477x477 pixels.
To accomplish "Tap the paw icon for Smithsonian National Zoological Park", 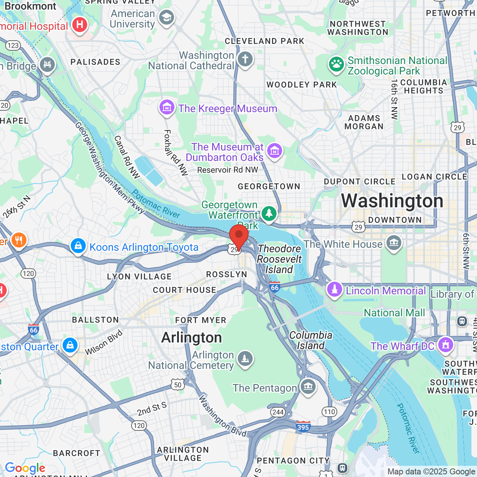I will click(x=336, y=64).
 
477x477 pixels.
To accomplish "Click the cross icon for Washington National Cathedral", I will click(x=245, y=59).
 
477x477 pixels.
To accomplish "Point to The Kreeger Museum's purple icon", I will click(x=167, y=108).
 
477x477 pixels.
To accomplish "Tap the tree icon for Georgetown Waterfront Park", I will click(x=269, y=214).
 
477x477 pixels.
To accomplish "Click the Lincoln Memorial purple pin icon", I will click(x=334, y=290).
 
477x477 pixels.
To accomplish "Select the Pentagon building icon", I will click(x=308, y=387).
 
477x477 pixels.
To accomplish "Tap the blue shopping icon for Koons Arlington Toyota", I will click(x=78, y=246).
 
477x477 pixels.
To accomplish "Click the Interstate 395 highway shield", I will click(x=303, y=427).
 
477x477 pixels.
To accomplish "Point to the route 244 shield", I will click(x=278, y=412).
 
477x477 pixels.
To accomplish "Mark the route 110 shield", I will click(x=329, y=412).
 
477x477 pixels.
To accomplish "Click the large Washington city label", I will click(x=392, y=201).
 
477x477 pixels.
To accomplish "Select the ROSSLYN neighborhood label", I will click(x=227, y=274).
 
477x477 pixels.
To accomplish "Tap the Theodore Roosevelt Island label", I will click(x=279, y=259).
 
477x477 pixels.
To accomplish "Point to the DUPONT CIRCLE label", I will click(x=360, y=181).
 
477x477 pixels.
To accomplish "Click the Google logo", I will click(x=25, y=468).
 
